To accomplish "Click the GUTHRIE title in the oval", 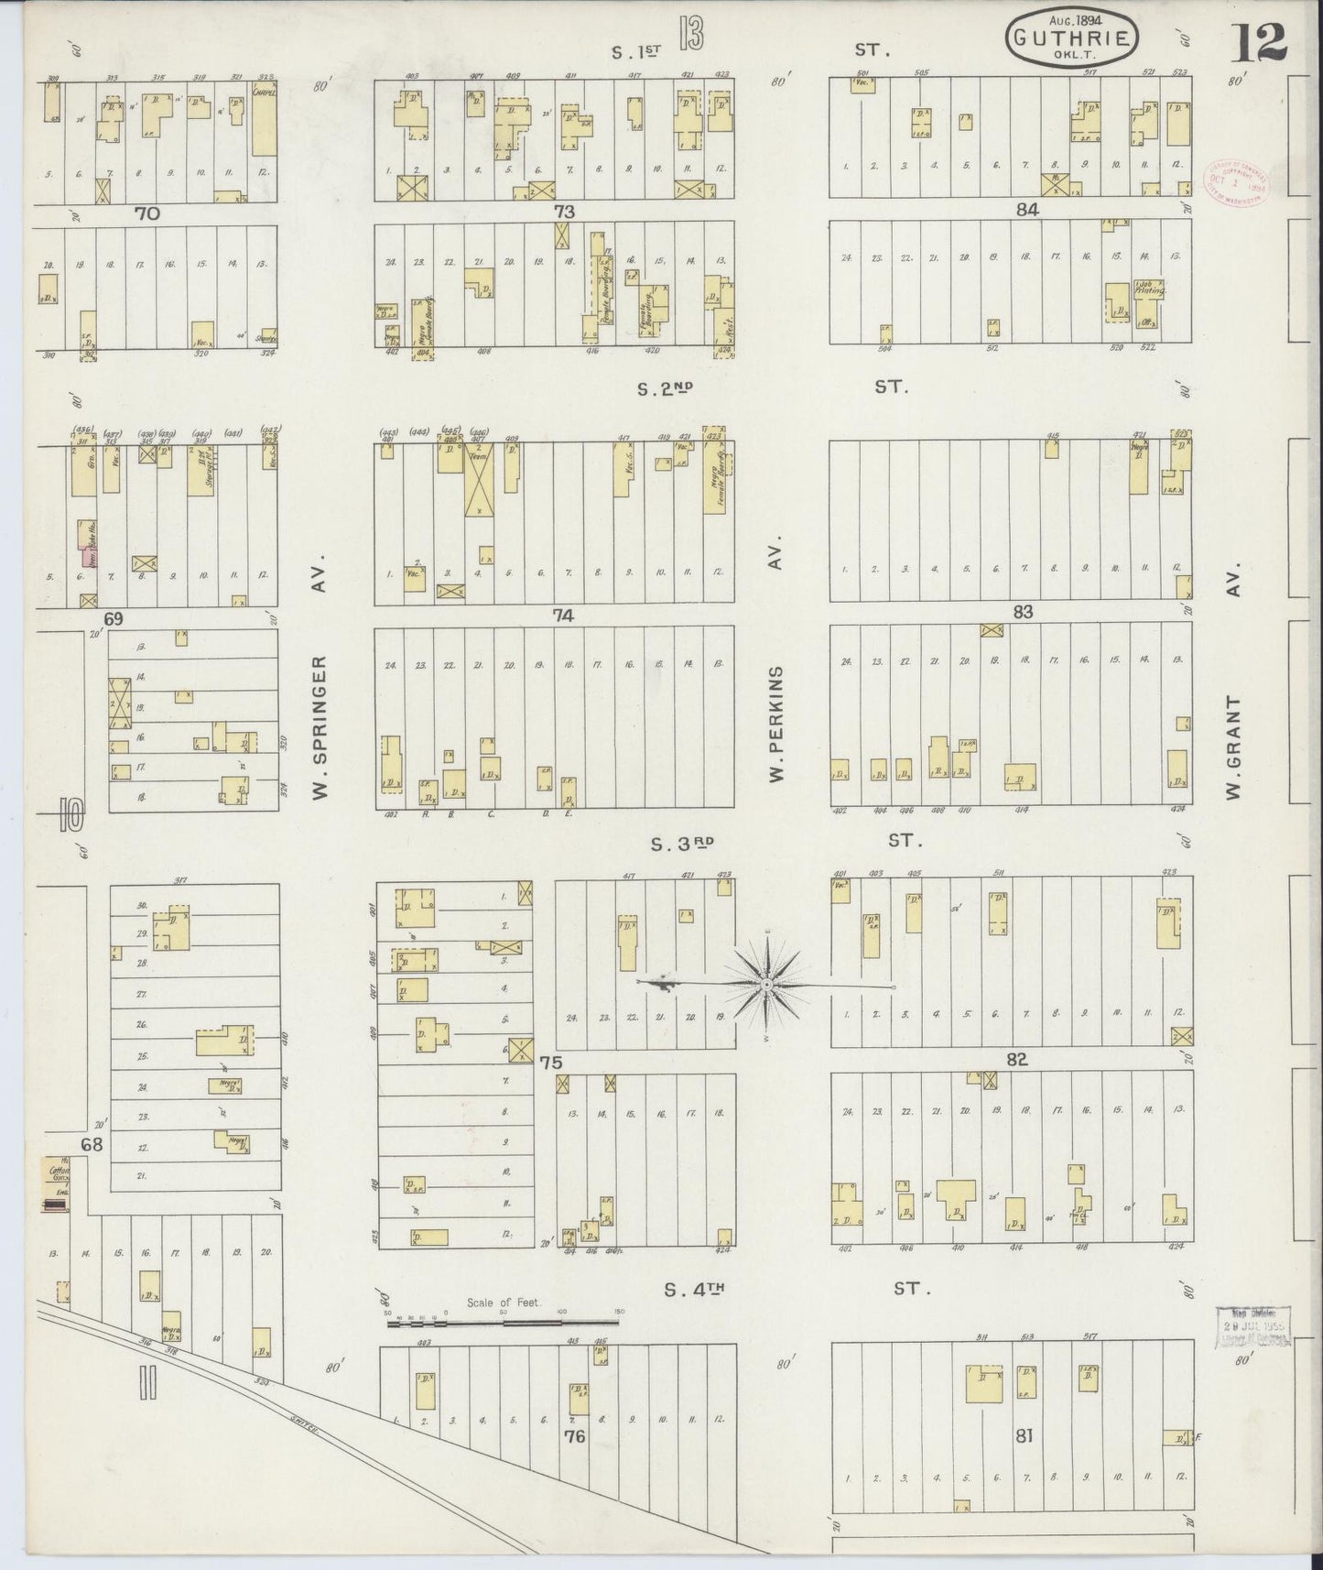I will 1072,38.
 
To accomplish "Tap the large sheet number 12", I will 1260,42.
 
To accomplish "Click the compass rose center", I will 766,985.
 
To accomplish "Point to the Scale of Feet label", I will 504,1303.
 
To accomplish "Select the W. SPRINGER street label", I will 320,727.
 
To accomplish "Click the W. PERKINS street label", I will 776,724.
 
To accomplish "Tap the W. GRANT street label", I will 1232,746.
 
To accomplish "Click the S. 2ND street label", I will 665,389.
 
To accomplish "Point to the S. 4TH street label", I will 694,1290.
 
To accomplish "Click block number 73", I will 563,212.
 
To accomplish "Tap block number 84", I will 1026,210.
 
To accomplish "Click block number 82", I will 1016,1060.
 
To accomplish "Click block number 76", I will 574,1436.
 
